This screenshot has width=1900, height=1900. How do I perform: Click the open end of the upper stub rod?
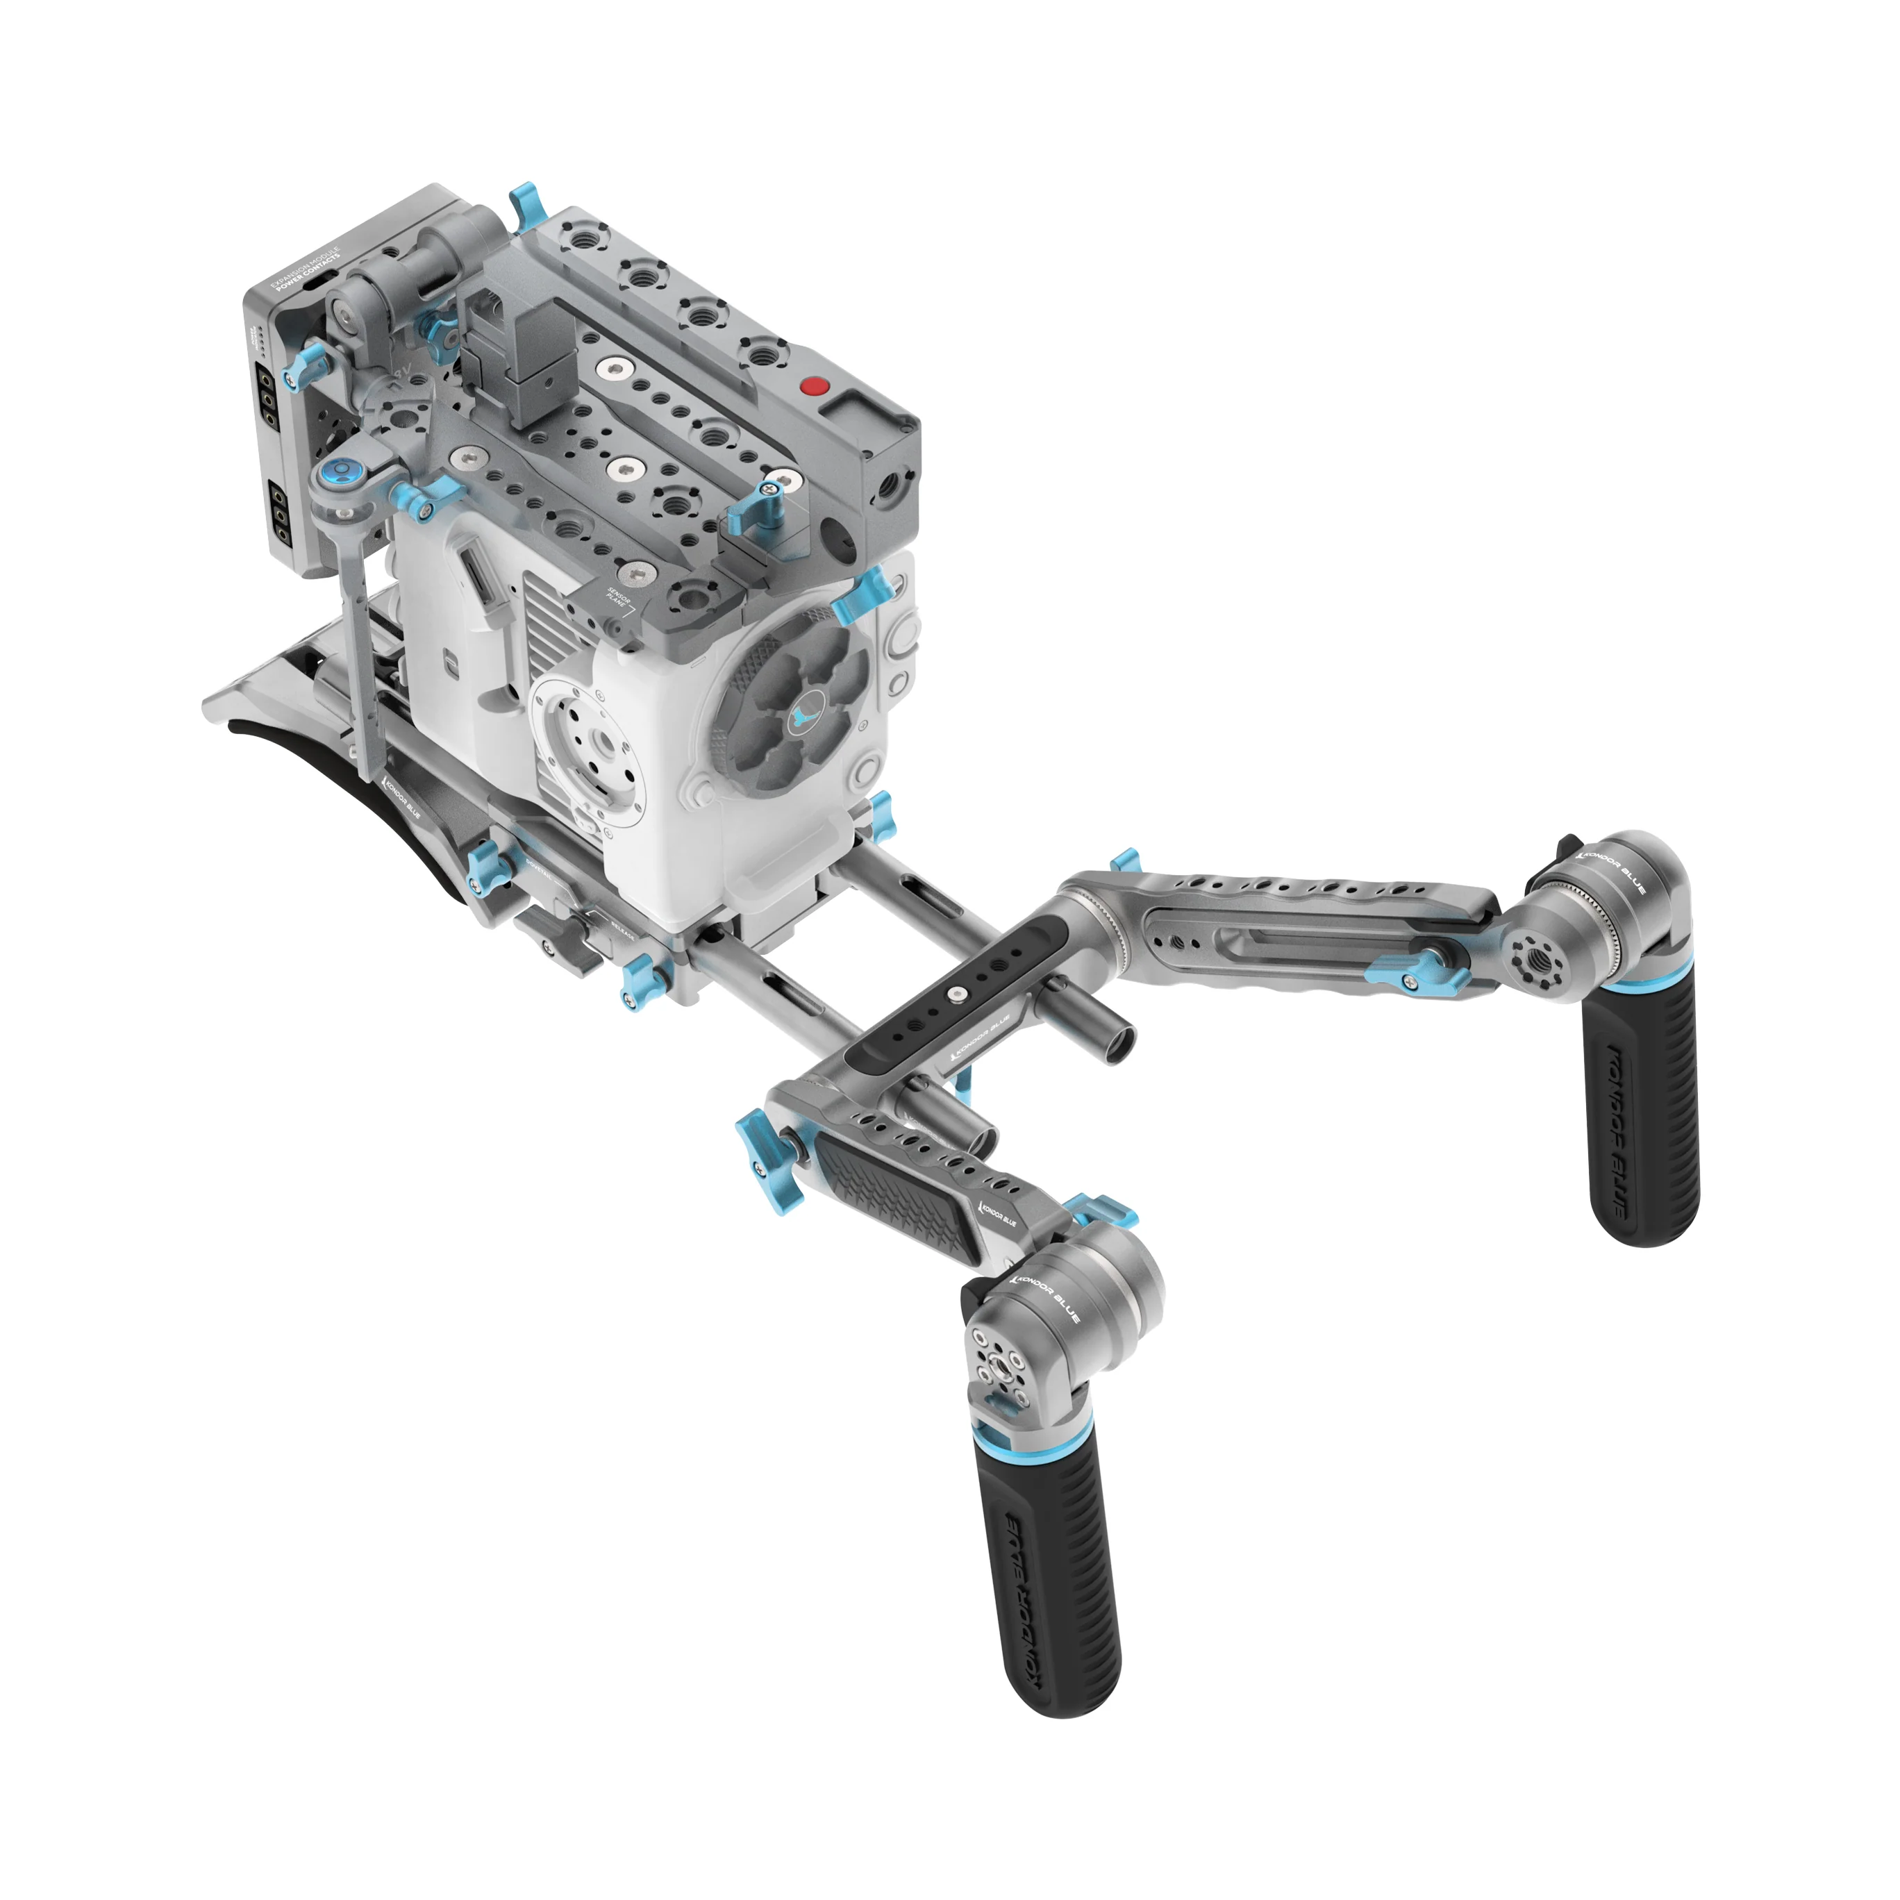(x=1120, y=1049)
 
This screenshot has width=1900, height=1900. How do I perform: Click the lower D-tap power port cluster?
(x=281, y=512)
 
